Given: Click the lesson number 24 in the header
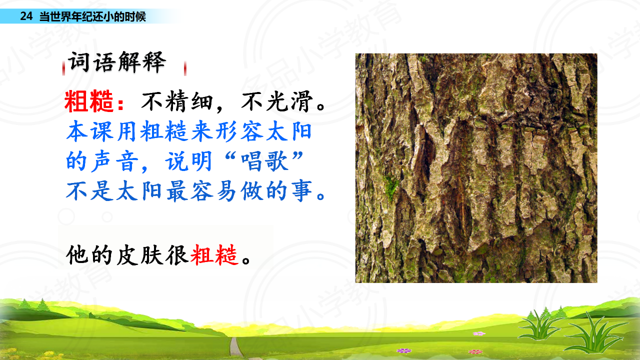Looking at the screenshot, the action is pos(26,16).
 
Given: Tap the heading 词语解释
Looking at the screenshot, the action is pos(117,62).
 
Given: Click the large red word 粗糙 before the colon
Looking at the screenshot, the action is pos(89,101).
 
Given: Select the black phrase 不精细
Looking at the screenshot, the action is pos(177,101).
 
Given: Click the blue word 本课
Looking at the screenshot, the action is pos(89,131).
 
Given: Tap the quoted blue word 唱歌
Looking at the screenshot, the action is pos(264,161).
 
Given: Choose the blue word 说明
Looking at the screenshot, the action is pos(188,161).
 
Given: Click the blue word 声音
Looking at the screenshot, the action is pos(114,161).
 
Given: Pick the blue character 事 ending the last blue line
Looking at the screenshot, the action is pos(301,191).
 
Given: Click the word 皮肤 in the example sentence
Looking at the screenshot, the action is pos(139,255).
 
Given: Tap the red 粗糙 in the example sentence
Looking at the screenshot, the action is pos(214,255).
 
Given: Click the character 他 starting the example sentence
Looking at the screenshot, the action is pos(76,255).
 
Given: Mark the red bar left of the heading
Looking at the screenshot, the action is pos(63,68).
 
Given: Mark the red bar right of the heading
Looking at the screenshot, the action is pos(185,68).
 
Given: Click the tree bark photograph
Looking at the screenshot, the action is pos(476,168).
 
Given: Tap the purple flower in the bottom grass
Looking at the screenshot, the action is pos(404,350).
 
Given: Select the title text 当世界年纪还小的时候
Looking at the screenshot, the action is pos(92,16).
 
